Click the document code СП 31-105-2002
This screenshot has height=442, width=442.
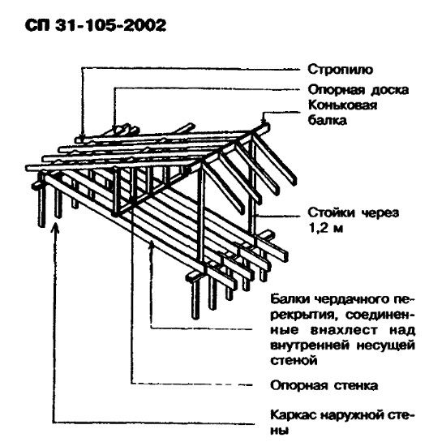point(96,26)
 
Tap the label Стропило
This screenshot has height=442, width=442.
point(341,70)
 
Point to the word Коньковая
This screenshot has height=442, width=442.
point(342,105)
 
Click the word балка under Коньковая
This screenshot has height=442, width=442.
point(327,120)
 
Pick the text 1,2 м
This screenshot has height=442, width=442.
point(326,228)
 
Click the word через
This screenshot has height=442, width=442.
point(380,213)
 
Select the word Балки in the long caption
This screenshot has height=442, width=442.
point(290,299)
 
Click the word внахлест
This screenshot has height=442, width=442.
point(344,330)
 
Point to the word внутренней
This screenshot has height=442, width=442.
point(310,345)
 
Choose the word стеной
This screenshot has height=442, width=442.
point(294,360)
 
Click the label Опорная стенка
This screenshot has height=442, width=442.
point(324,385)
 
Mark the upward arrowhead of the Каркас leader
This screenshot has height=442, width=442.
point(56,228)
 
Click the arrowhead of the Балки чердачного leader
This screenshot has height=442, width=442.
point(152,244)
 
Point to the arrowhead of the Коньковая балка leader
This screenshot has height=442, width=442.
point(264,120)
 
